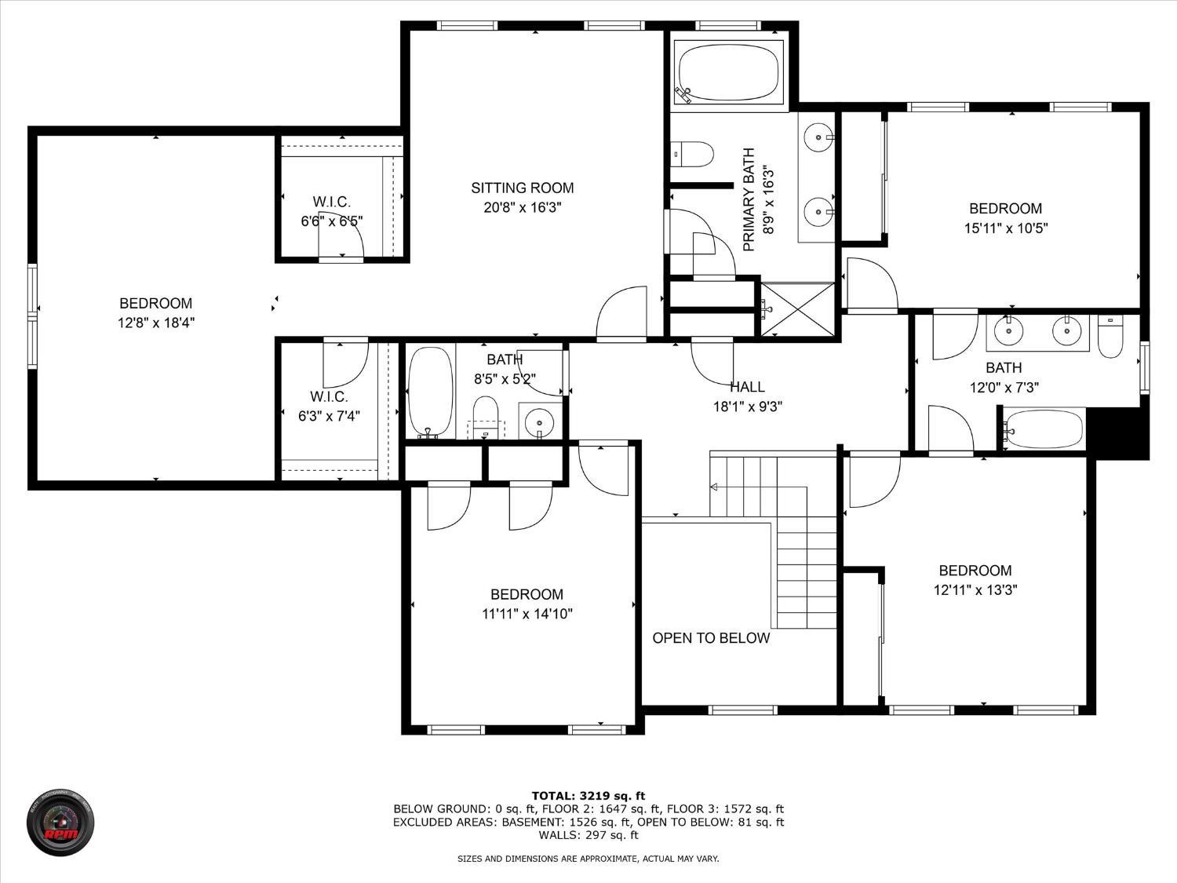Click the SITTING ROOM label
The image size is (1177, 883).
coord(523,188)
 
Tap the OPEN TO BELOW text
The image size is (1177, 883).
coord(711,638)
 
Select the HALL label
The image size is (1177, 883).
coord(748,387)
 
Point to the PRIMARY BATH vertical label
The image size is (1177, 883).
coord(749,199)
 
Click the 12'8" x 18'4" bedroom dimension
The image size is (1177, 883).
coord(156,323)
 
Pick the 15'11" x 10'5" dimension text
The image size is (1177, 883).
coord(1006,228)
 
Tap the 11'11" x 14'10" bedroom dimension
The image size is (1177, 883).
coord(527,614)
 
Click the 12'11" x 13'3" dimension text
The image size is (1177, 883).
coord(975,590)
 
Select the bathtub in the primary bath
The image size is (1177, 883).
coord(729,72)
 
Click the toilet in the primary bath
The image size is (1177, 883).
coord(692,155)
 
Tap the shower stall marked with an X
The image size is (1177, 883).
coord(798,310)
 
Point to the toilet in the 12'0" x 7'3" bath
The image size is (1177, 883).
coord(1110,336)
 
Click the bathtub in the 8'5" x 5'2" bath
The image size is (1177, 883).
coord(431,392)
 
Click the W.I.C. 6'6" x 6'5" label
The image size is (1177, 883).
coord(332,211)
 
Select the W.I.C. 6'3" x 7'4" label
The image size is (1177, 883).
coord(330,407)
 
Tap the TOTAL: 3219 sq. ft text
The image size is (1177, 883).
coord(588,796)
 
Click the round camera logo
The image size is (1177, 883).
coord(60,822)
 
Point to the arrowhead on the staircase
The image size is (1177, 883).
coord(714,487)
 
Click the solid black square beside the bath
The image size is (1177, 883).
coord(1118,432)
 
